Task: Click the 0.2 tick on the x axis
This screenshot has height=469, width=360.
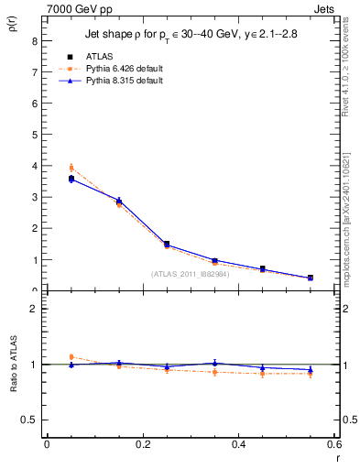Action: coord(143,444)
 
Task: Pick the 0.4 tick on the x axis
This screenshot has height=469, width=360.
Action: coord(239,444)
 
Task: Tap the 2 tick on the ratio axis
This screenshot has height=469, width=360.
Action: coord(33,309)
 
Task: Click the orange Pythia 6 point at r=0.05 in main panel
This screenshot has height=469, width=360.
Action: coord(71,168)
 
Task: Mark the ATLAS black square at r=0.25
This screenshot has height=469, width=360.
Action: coord(167,244)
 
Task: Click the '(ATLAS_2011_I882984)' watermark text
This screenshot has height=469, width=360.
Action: coord(190,274)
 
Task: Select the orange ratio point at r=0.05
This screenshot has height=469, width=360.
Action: coord(71,357)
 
